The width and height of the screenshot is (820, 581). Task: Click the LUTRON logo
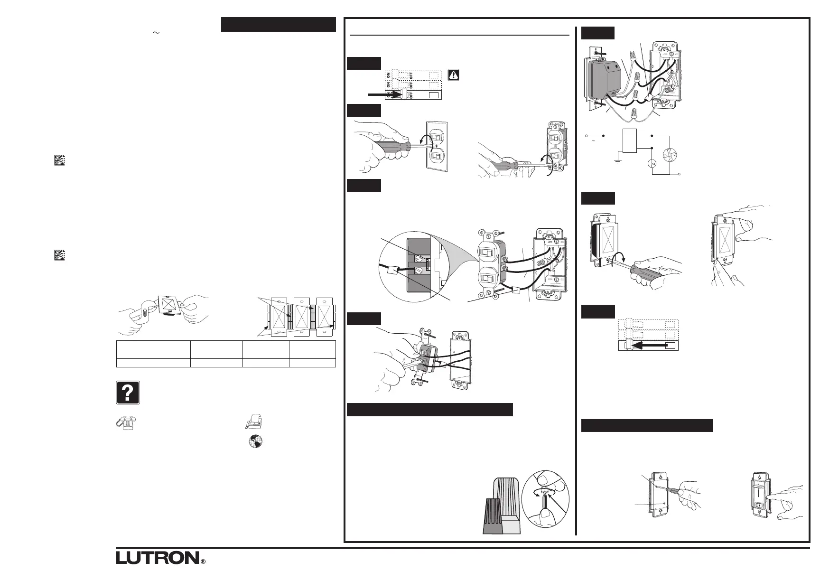point(157,557)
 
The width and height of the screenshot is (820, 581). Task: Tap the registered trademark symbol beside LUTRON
point(203,561)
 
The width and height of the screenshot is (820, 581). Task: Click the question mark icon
point(127,393)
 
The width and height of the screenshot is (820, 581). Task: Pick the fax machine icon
point(255,421)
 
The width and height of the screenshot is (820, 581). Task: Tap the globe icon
point(256,441)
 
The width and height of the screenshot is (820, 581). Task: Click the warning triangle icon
point(454,75)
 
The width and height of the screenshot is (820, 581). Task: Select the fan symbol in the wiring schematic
point(669,156)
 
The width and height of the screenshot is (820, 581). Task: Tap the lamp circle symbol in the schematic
point(652,164)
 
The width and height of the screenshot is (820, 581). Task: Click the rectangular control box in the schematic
point(630,141)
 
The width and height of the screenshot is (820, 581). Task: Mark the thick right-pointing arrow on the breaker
point(385,95)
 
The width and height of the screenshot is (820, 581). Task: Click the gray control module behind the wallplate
point(602,79)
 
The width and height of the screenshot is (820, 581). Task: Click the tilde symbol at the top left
point(155,32)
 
